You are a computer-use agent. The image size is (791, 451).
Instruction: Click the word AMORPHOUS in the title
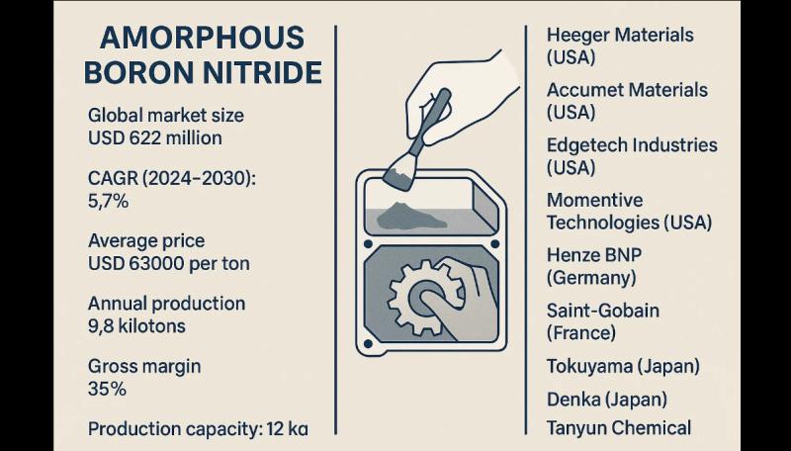pos(203,38)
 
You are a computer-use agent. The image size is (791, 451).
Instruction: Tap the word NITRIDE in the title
pos(262,72)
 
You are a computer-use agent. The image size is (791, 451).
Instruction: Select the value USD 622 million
pos(155,137)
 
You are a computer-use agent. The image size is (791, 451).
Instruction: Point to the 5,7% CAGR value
pos(108,202)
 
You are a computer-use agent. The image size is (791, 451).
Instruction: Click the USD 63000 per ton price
pos(168,263)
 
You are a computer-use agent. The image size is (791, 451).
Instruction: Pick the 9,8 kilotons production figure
pos(136,326)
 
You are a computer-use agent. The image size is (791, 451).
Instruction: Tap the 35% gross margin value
pos(107,389)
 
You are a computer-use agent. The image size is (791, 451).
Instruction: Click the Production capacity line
pos(198,429)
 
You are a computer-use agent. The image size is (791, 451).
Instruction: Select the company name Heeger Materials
pos(620,36)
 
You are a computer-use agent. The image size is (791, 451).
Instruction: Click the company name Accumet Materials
pos(627,90)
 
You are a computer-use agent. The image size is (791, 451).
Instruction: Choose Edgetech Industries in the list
pos(632,145)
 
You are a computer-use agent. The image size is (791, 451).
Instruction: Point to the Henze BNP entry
pos(594,255)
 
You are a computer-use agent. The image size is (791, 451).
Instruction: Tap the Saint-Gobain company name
pos(603,311)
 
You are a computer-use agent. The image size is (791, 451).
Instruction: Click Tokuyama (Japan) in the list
pos(623,366)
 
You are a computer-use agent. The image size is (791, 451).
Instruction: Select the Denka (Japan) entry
pos(607,400)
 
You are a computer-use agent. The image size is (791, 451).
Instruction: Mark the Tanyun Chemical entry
pos(619,428)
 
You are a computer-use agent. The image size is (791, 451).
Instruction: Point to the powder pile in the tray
pos(410,216)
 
